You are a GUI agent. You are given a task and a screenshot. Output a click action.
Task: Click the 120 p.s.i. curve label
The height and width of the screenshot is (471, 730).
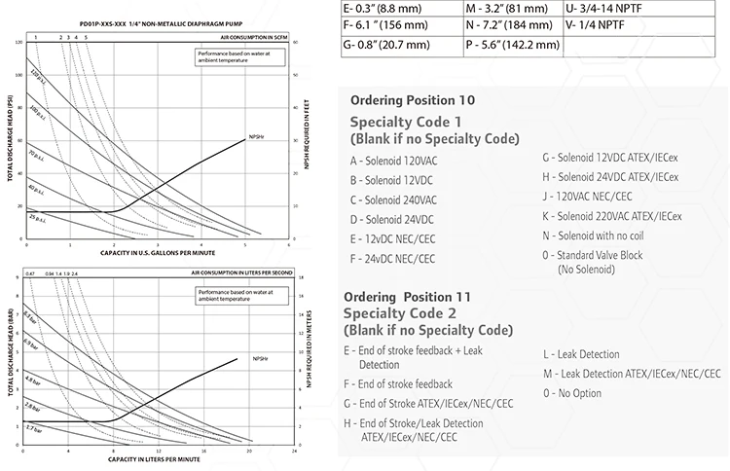point(36,75)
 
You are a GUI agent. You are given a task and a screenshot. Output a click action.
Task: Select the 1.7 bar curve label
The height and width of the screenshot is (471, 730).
point(32,427)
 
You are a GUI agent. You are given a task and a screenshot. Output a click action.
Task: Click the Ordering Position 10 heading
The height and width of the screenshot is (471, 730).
point(413,100)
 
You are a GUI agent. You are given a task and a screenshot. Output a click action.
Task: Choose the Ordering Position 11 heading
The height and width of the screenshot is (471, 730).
point(407,295)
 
